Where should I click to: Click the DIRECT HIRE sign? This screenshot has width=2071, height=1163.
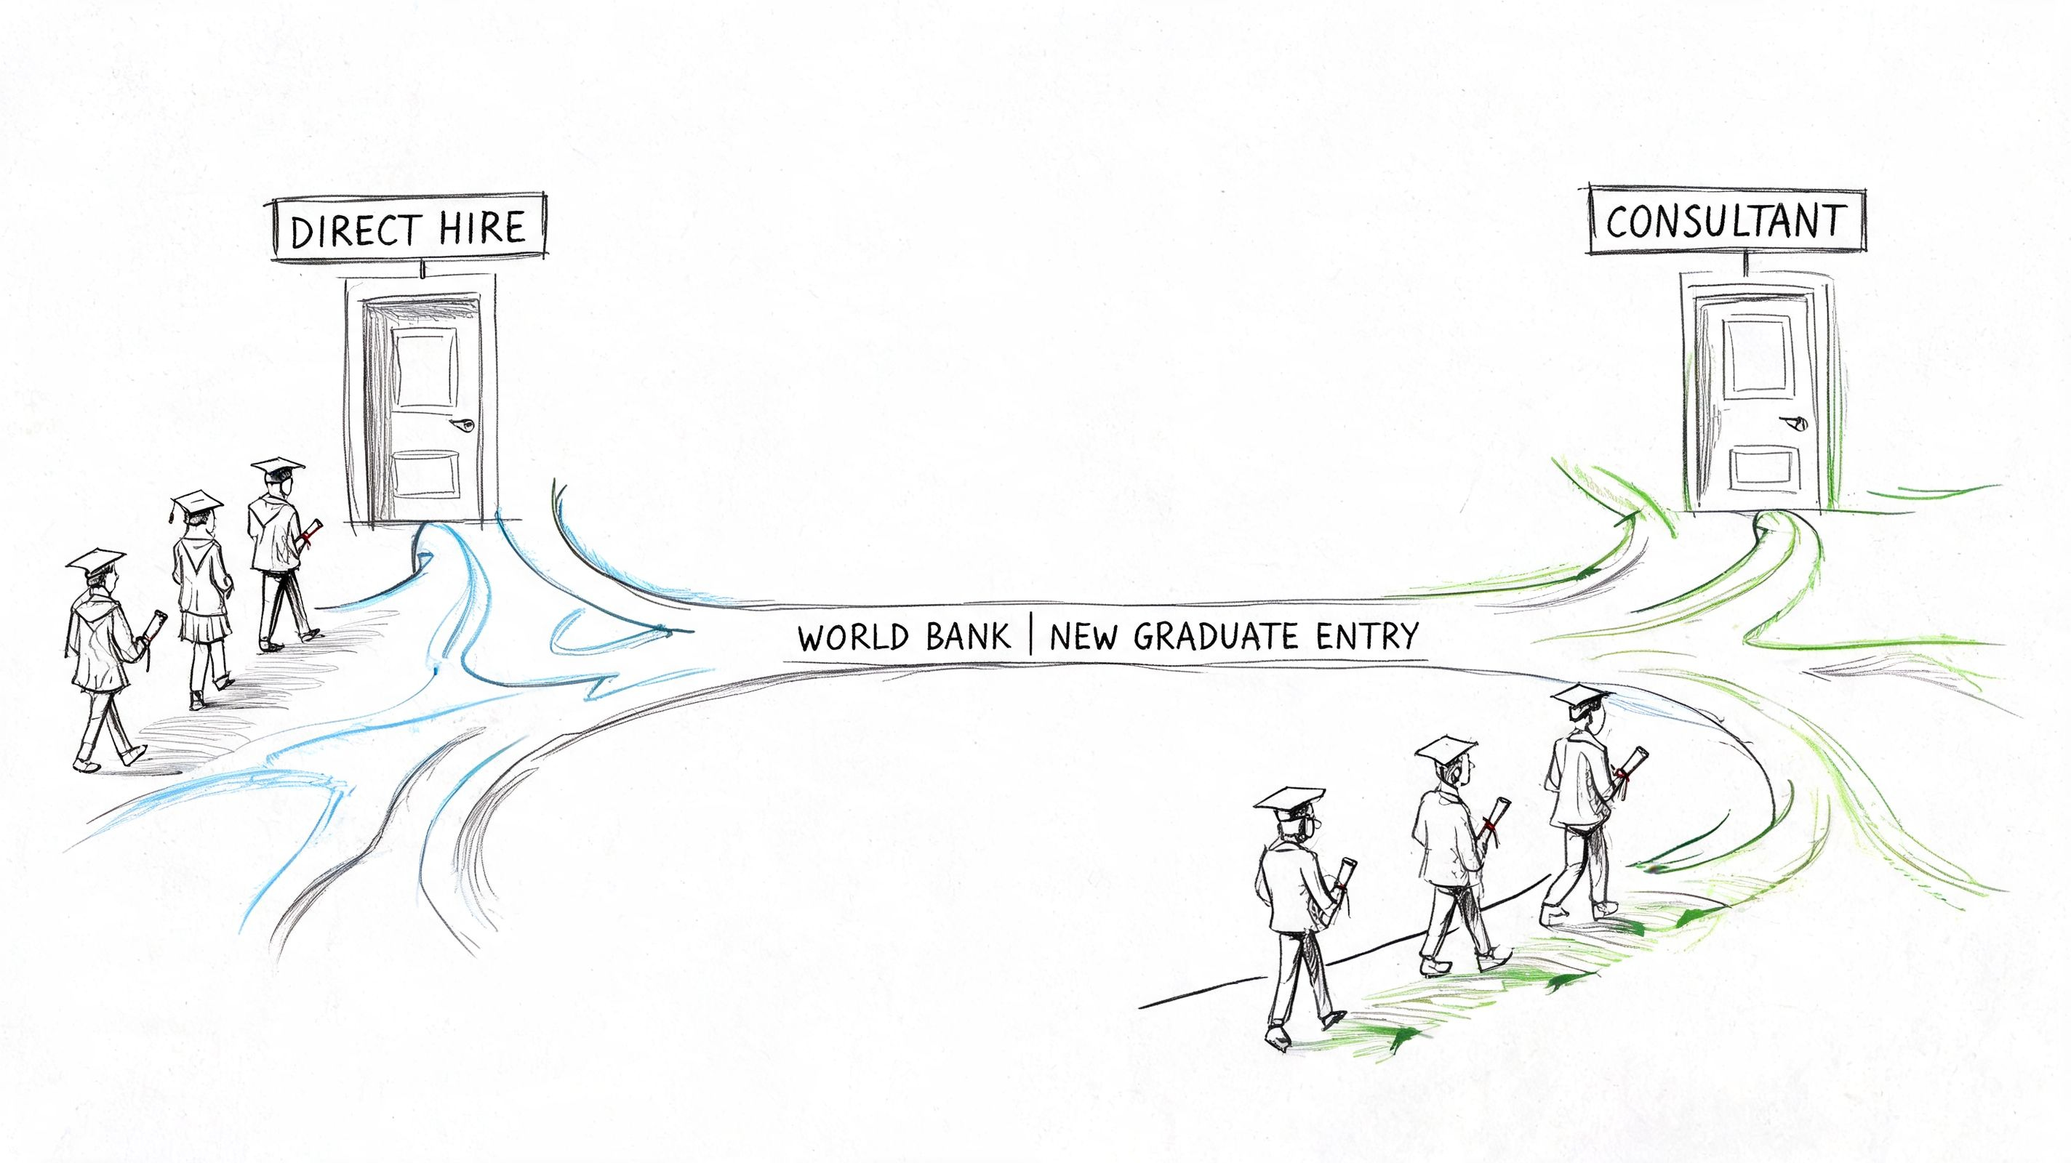[409, 227]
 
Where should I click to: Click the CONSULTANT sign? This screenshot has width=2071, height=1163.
[1726, 220]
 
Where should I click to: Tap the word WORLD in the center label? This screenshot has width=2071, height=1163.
[854, 637]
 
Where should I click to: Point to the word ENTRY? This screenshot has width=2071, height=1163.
[1368, 637]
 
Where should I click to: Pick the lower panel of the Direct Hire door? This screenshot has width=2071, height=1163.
[425, 474]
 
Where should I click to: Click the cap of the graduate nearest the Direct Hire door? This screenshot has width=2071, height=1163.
[277, 467]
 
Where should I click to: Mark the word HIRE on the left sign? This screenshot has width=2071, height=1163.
[482, 227]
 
